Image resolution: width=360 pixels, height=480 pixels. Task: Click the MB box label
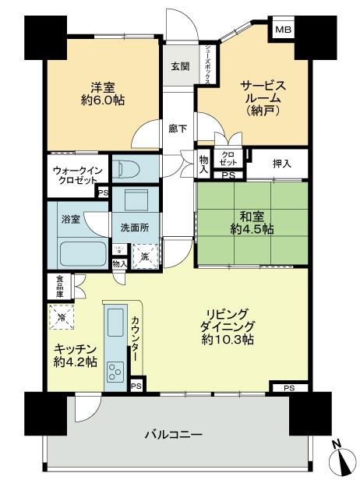(281, 30)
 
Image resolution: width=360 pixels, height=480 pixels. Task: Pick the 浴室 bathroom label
(71, 221)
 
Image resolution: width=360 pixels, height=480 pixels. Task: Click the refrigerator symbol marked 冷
(61, 318)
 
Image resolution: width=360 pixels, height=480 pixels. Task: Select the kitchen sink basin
(115, 319)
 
